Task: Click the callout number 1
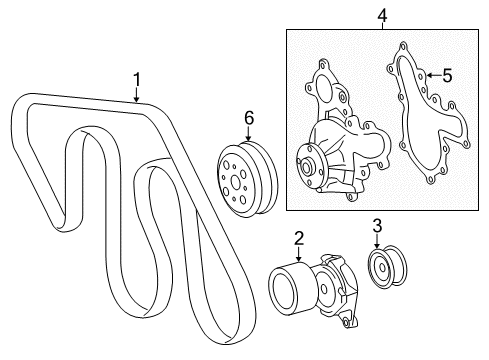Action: coord(138,78)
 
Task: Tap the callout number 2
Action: coord(298,237)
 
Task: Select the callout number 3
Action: coord(377,225)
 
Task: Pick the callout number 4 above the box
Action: coord(381,16)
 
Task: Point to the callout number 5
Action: coord(448,74)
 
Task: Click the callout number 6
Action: coord(249,118)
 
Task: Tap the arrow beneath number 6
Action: coord(249,138)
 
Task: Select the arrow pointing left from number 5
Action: coord(430,74)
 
